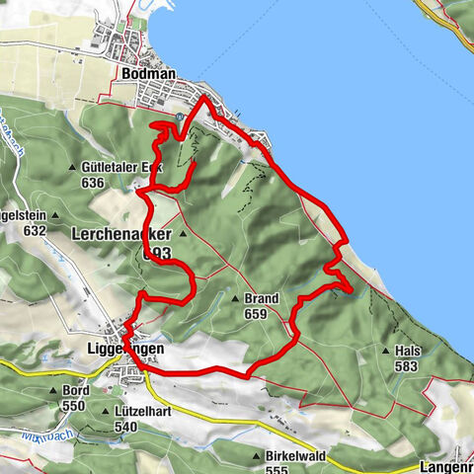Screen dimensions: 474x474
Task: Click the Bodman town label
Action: coord(148,73)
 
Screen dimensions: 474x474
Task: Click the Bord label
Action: coord(76,391)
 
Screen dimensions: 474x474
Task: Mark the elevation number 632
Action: coord(36,230)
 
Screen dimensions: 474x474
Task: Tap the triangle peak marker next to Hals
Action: coord(385,351)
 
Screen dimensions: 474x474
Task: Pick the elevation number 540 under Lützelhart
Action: coord(125,426)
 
